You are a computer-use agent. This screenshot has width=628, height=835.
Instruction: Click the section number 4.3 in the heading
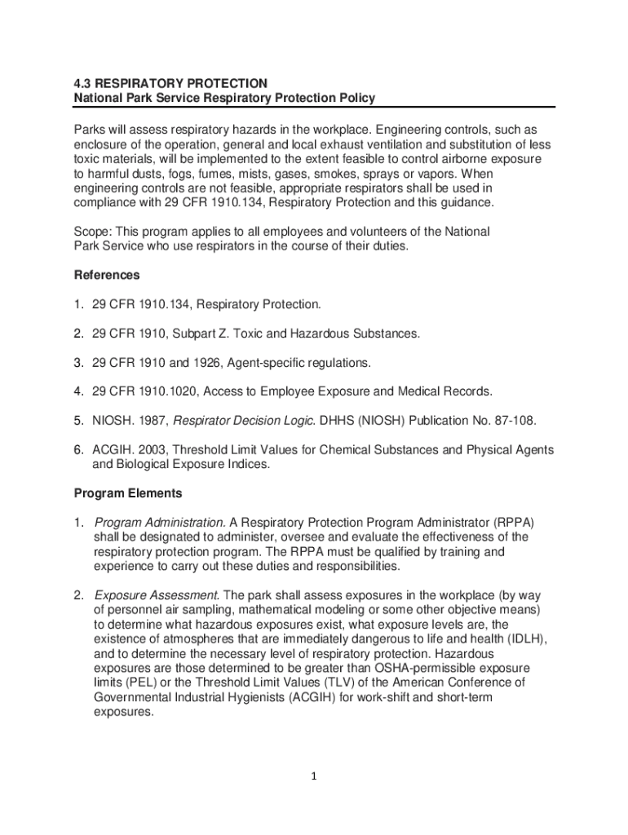[82, 83]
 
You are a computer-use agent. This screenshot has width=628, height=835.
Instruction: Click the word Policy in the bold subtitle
[356, 98]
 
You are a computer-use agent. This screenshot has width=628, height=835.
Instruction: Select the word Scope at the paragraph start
[91, 232]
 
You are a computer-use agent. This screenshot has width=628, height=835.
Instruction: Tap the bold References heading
[107, 275]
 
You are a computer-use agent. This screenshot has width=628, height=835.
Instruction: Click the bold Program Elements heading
[128, 493]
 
